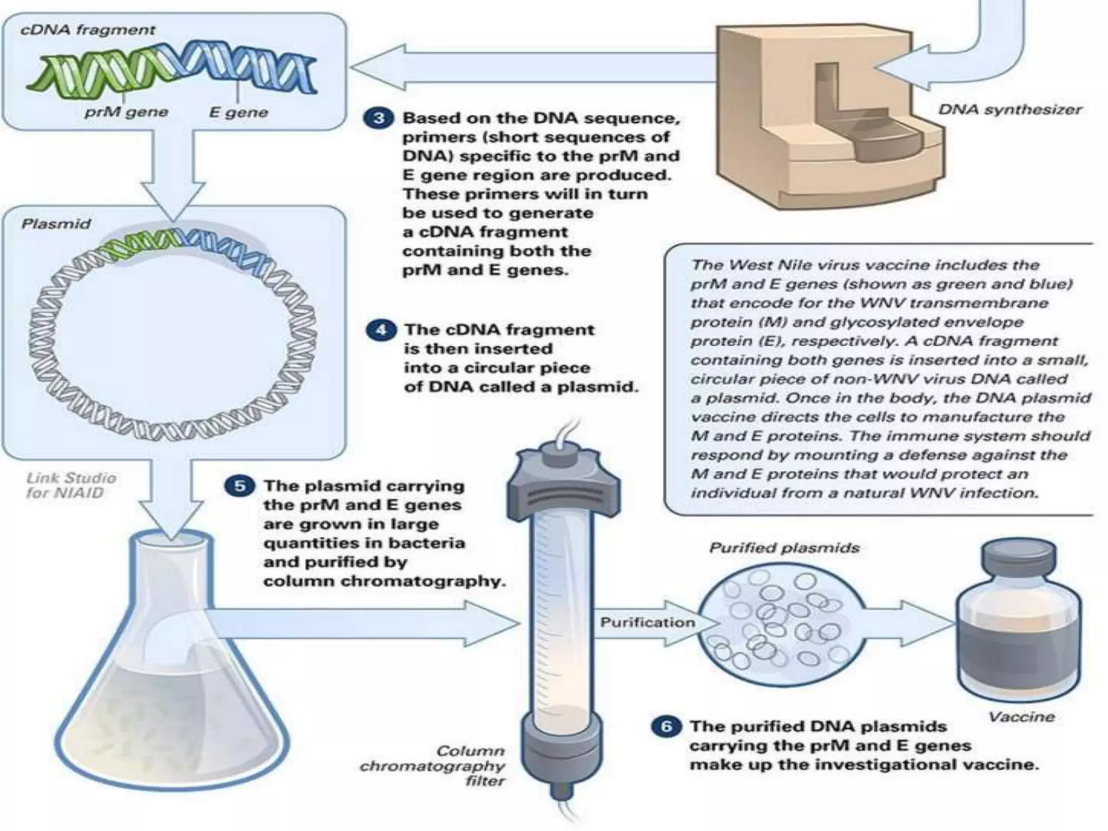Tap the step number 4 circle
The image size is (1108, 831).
[381, 329]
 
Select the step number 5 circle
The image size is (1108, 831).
[239, 485]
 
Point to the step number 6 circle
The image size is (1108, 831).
[666, 726]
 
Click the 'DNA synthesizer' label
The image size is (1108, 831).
[1010, 110]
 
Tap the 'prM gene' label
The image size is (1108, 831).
[126, 112]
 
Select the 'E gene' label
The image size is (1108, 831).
[239, 113]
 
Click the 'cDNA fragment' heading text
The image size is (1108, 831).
[88, 30]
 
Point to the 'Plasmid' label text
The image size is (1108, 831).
[56, 224]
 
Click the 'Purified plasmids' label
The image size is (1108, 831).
[784, 548]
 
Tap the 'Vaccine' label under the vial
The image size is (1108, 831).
[1021, 717]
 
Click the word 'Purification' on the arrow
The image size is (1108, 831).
[647, 623]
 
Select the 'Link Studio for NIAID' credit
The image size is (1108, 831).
[71, 485]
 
